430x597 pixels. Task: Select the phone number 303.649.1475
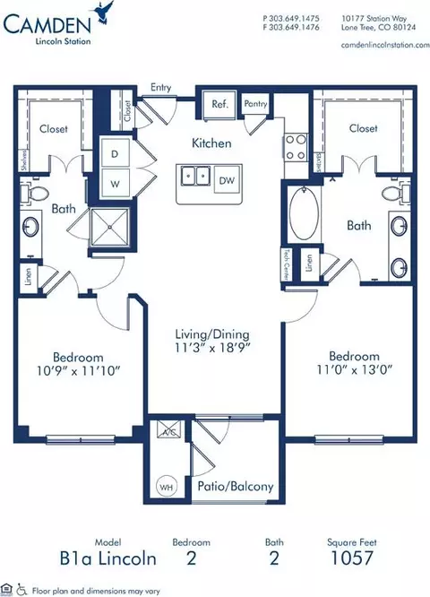click(296, 18)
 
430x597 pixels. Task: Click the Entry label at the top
click(162, 88)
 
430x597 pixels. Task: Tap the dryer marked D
click(114, 153)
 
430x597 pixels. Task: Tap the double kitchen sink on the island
click(194, 175)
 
